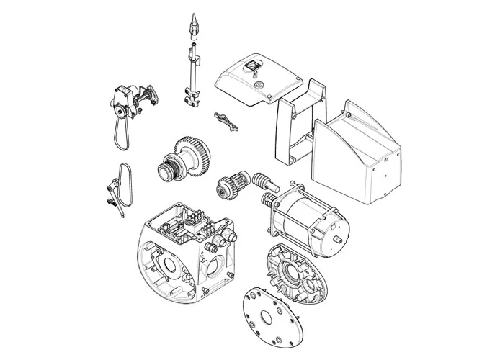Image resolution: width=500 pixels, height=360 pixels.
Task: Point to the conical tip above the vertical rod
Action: [192, 27]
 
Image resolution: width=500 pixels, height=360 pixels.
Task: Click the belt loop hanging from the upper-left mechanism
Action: [118, 134]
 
